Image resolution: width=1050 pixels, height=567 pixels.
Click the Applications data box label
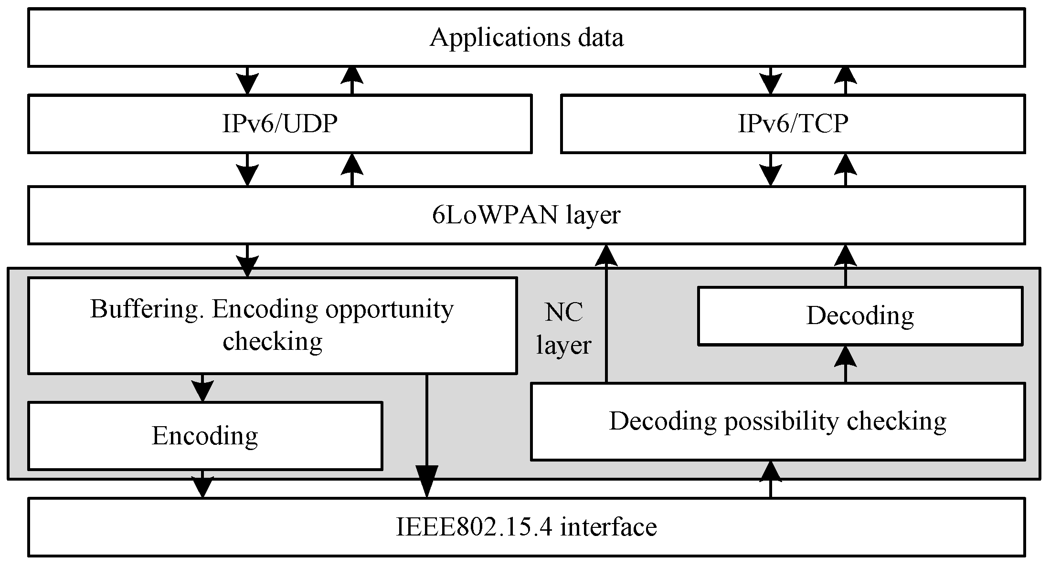[x=526, y=38]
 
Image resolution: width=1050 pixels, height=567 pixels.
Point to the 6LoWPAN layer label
[x=526, y=215]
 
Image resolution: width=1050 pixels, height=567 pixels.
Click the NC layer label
[x=563, y=329]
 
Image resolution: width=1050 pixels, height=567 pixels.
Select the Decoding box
[x=859, y=316]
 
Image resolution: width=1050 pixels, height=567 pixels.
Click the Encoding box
[x=205, y=436]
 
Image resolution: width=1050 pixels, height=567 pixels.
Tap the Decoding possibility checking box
[x=778, y=421]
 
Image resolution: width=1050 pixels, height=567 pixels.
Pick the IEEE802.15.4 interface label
[x=526, y=527]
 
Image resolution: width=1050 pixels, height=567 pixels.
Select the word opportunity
[x=389, y=309]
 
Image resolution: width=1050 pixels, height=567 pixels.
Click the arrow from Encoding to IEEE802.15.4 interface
[x=202, y=484]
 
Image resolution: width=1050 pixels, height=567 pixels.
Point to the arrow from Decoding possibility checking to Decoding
[x=845, y=364]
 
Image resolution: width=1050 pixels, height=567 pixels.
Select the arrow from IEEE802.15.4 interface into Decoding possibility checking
[x=771, y=480]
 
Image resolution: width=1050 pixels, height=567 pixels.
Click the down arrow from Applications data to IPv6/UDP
[x=247, y=81]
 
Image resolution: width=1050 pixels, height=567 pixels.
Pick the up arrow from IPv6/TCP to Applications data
[x=845, y=81]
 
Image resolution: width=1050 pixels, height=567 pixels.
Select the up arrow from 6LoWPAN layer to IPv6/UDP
[x=352, y=169]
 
